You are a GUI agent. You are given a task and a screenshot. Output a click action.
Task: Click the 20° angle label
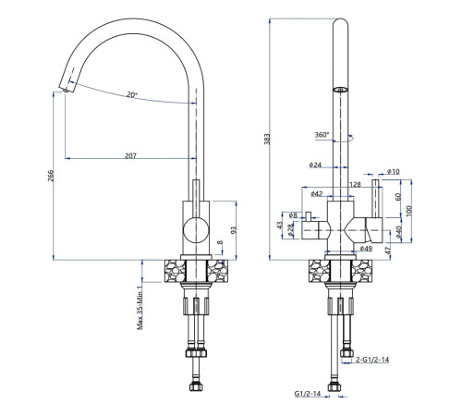pyautogui.click(x=132, y=94)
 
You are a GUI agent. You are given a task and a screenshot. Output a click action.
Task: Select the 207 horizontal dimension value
pyautogui.click(x=130, y=155)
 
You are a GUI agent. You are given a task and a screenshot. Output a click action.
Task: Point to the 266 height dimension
pyautogui.click(x=51, y=176)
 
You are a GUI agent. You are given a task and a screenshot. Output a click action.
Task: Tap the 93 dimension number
pyautogui.click(x=234, y=230)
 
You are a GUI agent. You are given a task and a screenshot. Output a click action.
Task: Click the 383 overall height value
pyautogui.click(x=267, y=139)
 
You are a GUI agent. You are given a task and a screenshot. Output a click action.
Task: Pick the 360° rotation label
pyautogui.click(x=322, y=135)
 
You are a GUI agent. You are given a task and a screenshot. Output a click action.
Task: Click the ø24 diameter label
pyautogui.click(x=315, y=165)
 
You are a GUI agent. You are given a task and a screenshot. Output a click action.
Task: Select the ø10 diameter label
pyautogui.click(x=393, y=171)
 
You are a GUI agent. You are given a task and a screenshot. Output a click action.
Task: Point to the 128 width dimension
pyautogui.click(x=355, y=184)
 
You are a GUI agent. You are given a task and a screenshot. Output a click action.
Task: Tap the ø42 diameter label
pyautogui.click(x=317, y=193)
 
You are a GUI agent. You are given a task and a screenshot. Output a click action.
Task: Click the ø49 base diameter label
pyautogui.click(x=366, y=248)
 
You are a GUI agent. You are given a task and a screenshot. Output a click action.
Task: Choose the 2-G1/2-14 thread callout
pyautogui.click(x=372, y=360)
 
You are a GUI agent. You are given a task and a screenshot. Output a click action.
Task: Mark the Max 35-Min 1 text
pyautogui.click(x=140, y=308)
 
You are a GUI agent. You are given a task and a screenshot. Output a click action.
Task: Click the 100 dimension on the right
pyautogui.click(x=408, y=211)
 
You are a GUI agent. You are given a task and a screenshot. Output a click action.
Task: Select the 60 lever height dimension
pyautogui.click(x=397, y=197)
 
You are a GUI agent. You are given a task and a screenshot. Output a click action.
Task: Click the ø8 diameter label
pyautogui.click(x=293, y=215)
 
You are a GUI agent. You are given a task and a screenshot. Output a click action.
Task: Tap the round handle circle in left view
pyautogui.click(x=196, y=230)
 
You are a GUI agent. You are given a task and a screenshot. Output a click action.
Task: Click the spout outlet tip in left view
pyautogui.click(x=66, y=90)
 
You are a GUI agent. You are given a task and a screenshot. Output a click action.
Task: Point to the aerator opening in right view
pyautogui.click(x=340, y=90)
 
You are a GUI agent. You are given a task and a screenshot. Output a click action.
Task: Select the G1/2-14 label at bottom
pyautogui.click(x=308, y=394)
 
